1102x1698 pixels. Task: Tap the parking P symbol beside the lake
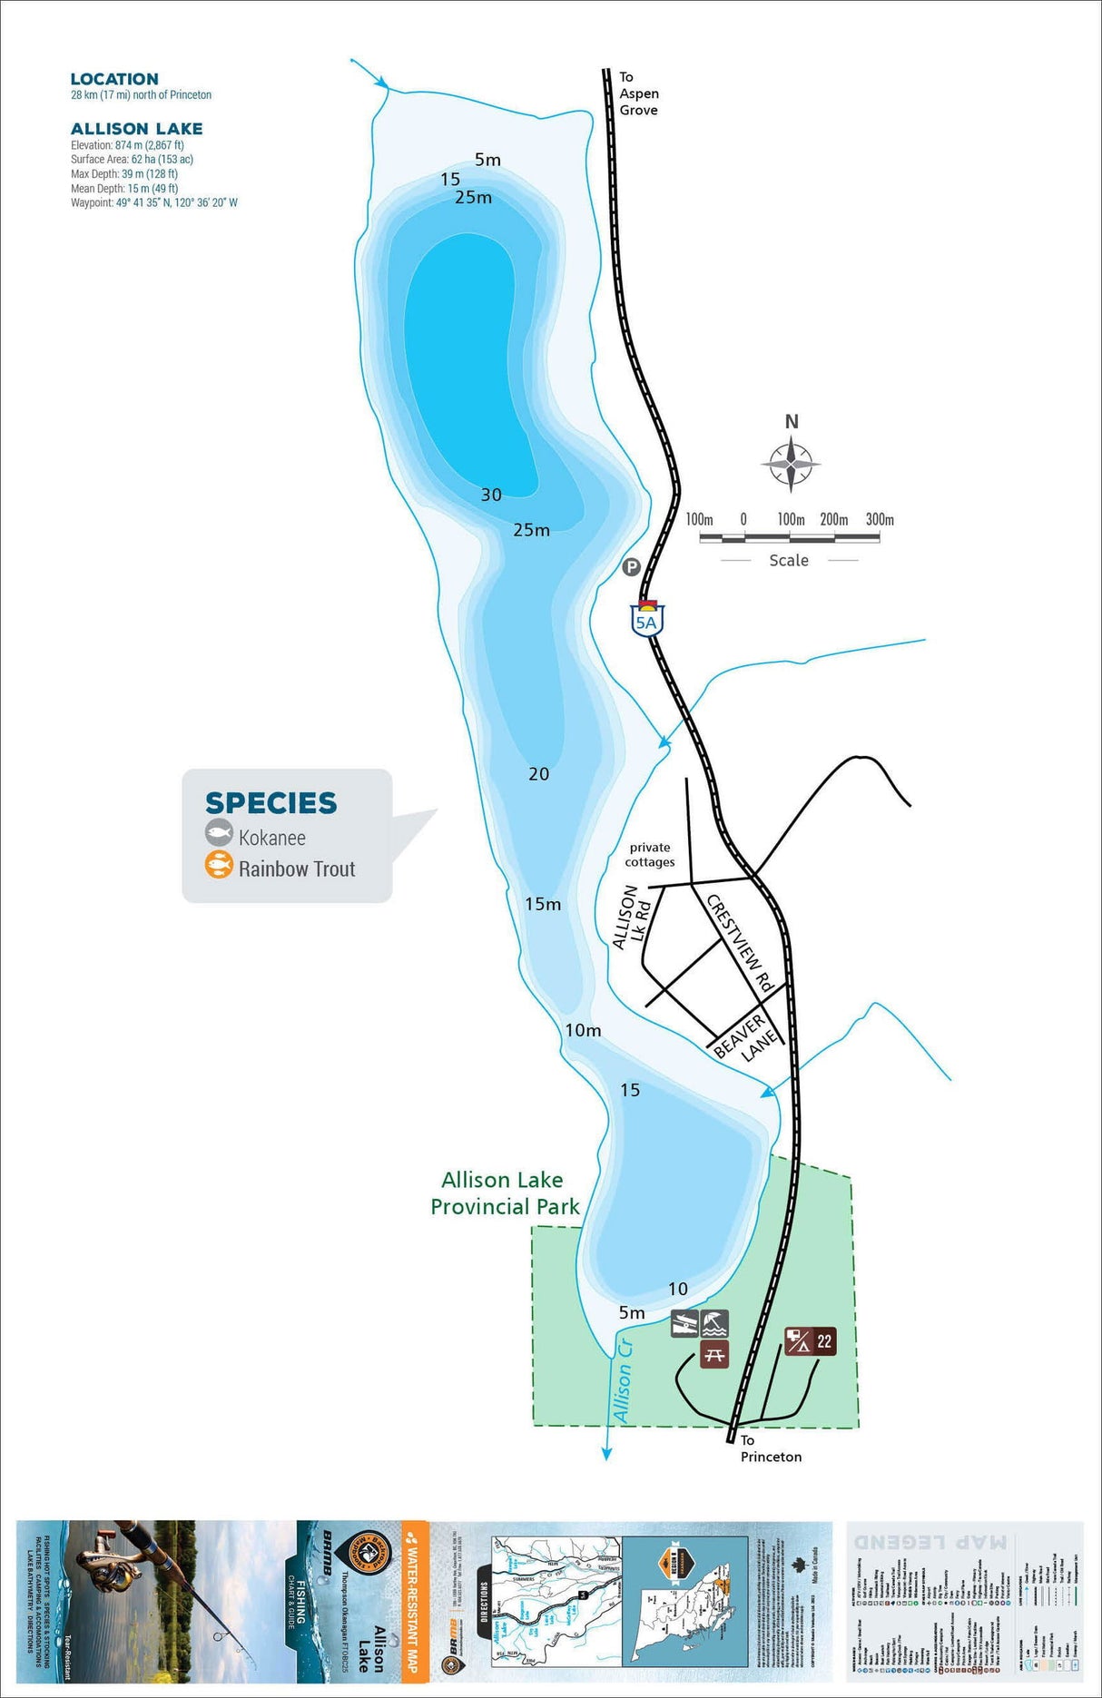(631, 567)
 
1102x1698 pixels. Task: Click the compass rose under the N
(791, 464)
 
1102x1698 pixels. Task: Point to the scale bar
(789, 537)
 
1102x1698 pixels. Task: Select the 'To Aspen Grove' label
(638, 93)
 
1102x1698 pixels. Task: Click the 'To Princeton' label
(770, 1448)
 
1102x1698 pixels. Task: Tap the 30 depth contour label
(491, 496)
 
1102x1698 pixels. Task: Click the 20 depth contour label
(539, 774)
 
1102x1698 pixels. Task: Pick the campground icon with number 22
(810, 1341)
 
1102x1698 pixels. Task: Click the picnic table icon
(714, 1355)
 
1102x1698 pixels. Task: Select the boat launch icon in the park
(684, 1324)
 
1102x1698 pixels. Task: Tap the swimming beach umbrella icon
(715, 1324)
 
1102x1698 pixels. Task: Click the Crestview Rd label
(740, 944)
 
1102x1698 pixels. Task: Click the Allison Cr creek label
(623, 1379)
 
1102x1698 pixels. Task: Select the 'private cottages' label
(650, 855)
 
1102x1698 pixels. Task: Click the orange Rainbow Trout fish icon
(219, 866)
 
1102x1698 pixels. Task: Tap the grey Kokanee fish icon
(219, 833)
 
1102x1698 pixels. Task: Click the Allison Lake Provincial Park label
(504, 1193)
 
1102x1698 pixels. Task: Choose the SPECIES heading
(271, 803)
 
